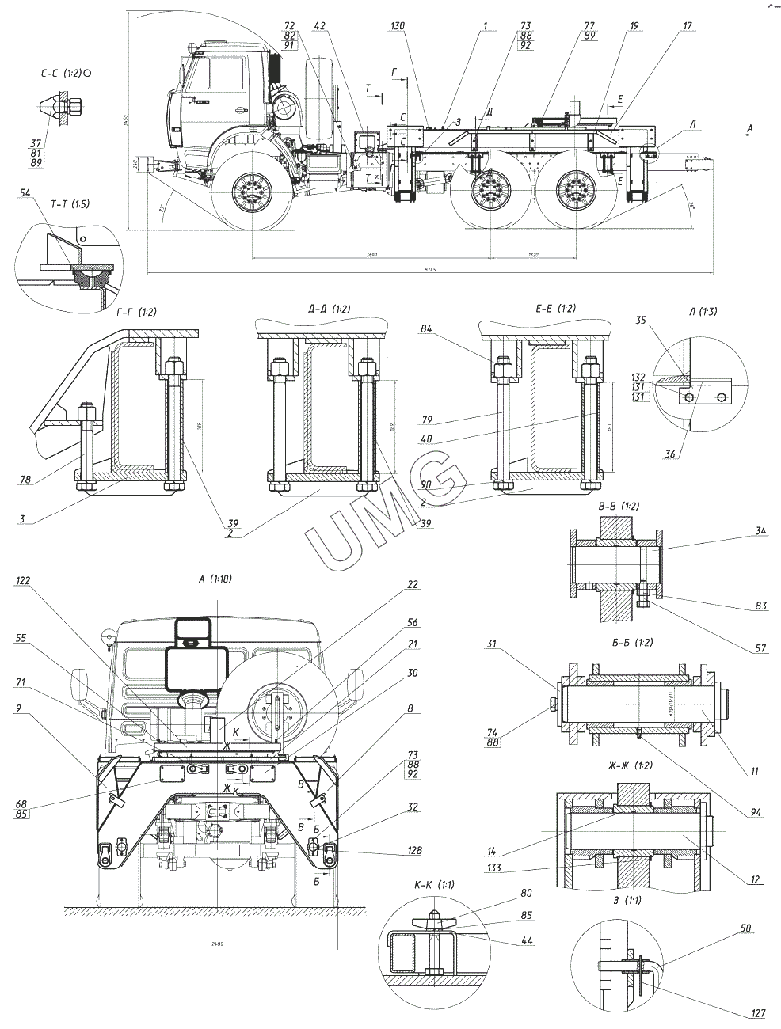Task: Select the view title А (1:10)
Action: click(216, 579)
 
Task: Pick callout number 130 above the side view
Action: click(398, 26)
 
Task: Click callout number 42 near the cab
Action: click(319, 26)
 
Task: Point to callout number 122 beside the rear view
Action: click(22, 580)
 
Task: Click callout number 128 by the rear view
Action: click(413, 851)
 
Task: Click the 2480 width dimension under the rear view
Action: click(219, 943)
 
